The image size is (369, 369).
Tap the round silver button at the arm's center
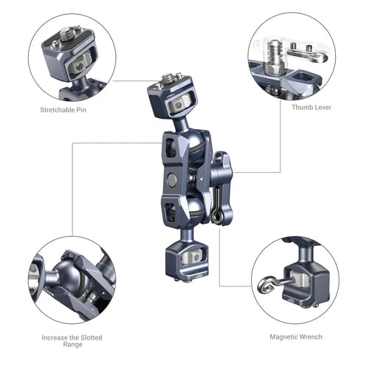(x=172, y=179)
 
